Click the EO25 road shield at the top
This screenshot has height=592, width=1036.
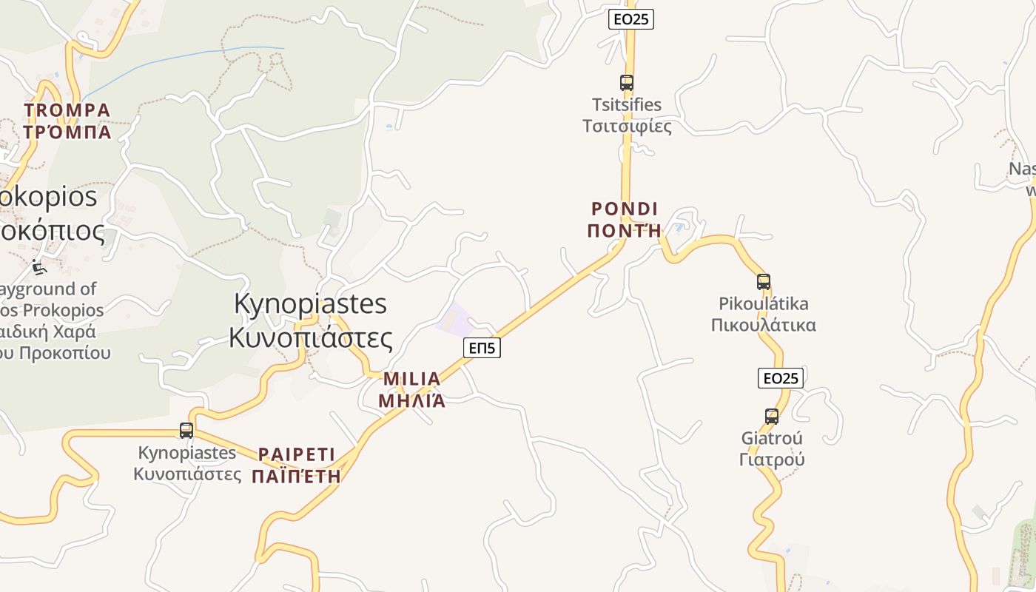point(630,19)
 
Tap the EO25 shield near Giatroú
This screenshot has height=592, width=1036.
point(780,378)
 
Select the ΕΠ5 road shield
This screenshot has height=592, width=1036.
point(482,347)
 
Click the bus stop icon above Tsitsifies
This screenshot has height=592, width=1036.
point(627,83)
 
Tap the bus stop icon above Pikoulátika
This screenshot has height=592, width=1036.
point(764,282)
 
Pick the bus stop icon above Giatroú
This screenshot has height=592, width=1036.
point(772,417)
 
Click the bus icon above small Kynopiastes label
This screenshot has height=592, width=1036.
point(186,431)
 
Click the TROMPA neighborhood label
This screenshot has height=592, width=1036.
point(67,111)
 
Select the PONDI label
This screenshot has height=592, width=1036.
point(625,209)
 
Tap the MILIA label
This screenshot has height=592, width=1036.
point(411,379)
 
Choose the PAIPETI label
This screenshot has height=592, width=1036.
point(296,454)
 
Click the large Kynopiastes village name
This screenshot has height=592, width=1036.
point(310,303)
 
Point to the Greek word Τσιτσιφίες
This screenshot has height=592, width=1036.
point(627,126)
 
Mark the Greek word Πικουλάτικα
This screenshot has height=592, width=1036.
point(763,325)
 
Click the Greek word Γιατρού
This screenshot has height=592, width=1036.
point(772,460)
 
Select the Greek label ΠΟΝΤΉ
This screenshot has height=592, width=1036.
point(625,230)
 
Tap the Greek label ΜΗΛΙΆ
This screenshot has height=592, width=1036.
point(411,400)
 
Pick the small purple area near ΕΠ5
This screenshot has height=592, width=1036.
point(455,319)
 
